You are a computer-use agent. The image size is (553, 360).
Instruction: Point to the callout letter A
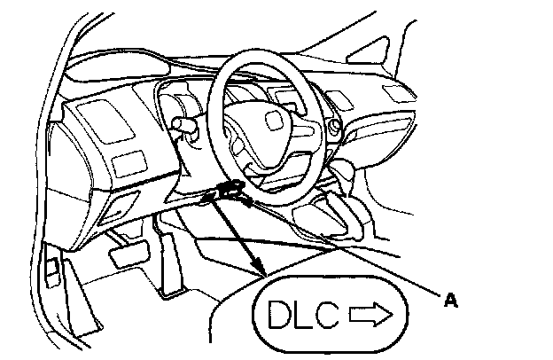[x=451, y=301]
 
